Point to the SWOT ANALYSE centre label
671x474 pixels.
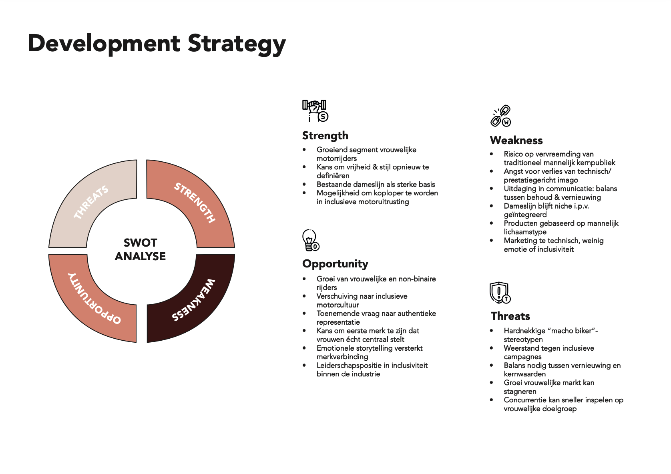point(140,249)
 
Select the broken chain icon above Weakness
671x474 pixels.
point(501,116)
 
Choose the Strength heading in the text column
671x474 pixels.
point(325,136)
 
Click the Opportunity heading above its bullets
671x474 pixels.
point(335,264)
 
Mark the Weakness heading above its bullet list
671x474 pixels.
point(516,141)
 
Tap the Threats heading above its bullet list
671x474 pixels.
point(510,316)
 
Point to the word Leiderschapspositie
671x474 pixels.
point(349,366)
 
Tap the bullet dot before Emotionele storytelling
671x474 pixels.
point(305,347)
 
